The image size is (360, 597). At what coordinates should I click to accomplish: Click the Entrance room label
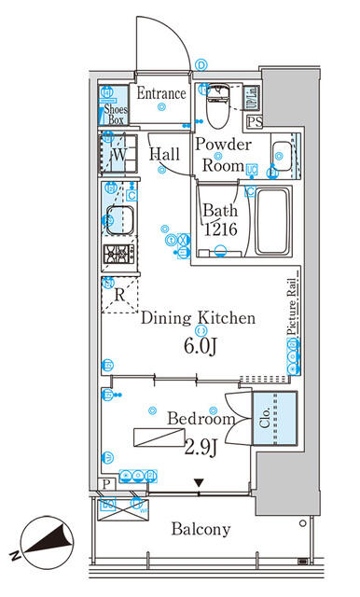tap(161, 93)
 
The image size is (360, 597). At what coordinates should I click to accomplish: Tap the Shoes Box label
tap(114, 114)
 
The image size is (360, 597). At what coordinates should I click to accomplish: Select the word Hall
tap(166, 155)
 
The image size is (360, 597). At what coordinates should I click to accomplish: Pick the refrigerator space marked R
tap(118, 296)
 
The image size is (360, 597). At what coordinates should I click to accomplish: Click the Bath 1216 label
tap(220, 220)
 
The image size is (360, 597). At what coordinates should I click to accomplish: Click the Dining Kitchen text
tap(198, 318)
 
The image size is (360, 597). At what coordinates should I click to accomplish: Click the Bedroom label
tap(195, 419)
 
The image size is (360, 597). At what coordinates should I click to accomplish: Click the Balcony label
tap(201, 529)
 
